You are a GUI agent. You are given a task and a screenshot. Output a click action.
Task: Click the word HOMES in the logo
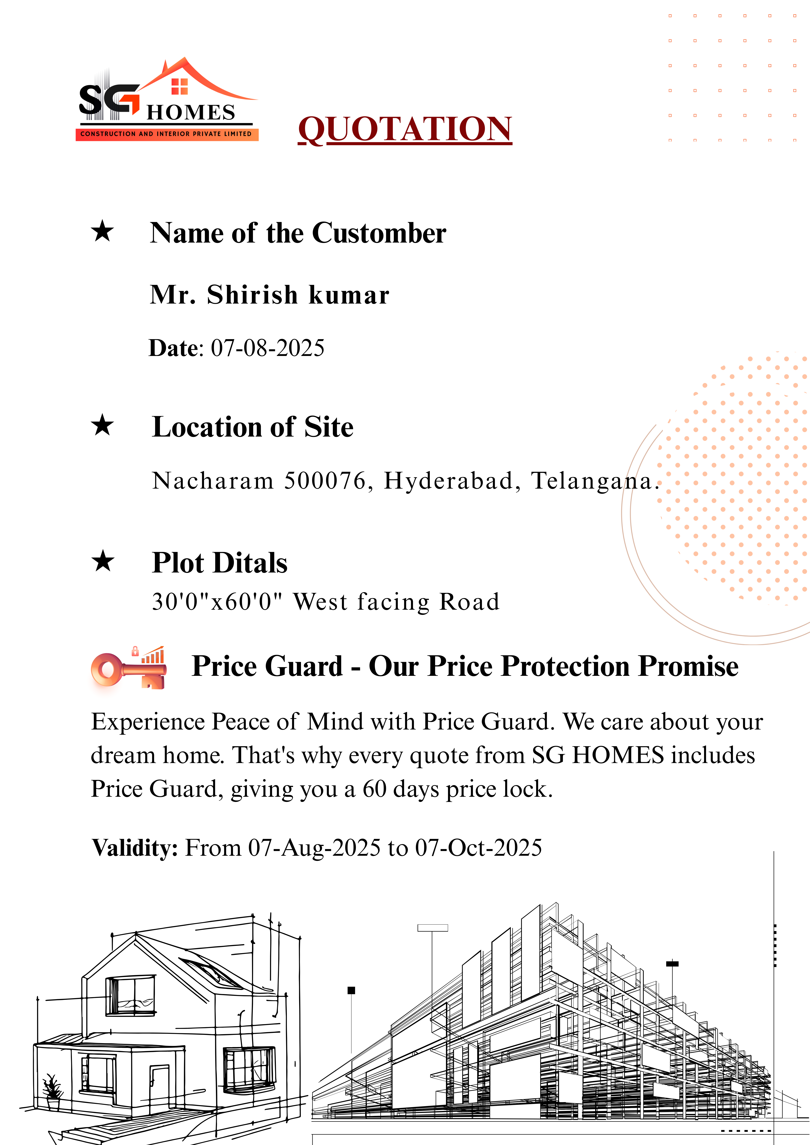[191, 113]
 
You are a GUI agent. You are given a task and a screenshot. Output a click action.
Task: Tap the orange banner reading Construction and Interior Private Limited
[167, 134]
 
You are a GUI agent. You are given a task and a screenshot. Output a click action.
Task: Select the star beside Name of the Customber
[102, 231]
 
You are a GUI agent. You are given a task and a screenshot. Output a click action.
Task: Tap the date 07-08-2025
[267, 348]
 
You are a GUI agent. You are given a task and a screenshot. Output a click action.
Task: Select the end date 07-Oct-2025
[478, 848]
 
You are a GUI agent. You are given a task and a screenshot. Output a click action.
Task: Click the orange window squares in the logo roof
[179, 86]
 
